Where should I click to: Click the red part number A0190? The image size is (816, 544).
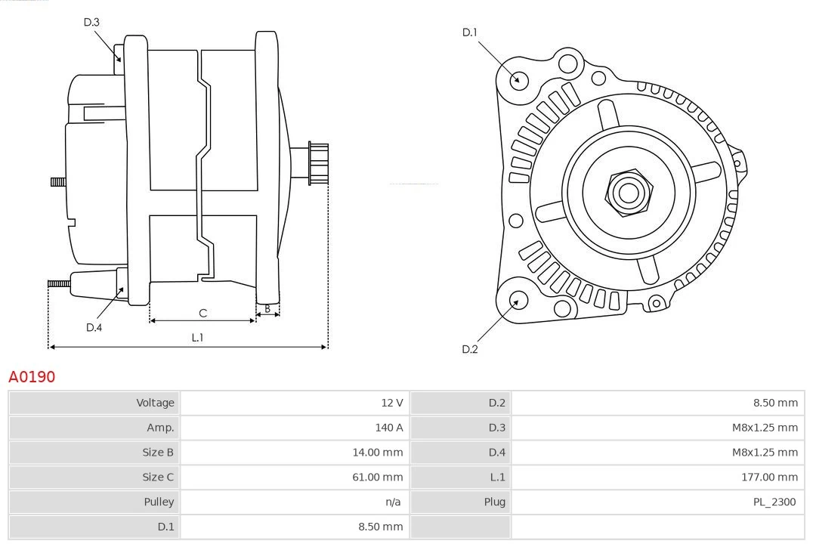[32, 376]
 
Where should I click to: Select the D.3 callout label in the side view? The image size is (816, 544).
[91, 22]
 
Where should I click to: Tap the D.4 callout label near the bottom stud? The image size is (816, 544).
[94, 327]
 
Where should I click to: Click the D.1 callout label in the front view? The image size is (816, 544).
[470, 32]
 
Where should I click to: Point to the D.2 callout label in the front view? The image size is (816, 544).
[470, 349]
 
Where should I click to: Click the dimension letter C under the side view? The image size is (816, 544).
[202, 312]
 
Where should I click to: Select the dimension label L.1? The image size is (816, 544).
[197, 338]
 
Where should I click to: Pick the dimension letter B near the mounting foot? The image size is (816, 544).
[267, 308]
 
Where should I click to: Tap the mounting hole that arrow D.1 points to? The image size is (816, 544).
[518, 79]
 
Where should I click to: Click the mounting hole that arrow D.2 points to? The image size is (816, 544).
[518, 301]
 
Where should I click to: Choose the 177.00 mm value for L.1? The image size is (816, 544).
[769, 477]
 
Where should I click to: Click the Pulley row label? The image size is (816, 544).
[159, 502]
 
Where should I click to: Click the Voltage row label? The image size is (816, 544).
[155, 403]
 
